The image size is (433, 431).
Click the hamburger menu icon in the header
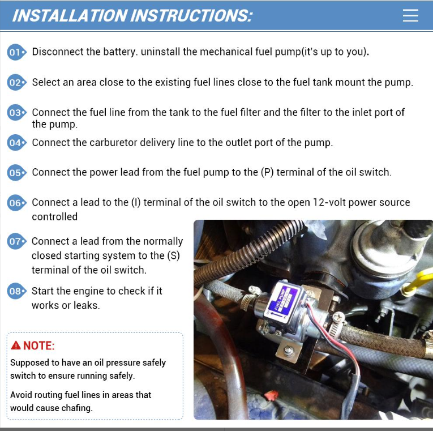(x=410, y=15)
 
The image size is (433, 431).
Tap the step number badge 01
(x=16, y=52)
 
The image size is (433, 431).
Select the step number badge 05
(x=16, y=173)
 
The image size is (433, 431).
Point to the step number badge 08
(x=16, y=291)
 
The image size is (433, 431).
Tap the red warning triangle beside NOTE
(x=16, y=345)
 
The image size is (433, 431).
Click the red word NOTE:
(x=38, y=345)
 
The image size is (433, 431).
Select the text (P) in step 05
(x=267, y=172)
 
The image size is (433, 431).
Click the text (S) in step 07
(x=173, y=256)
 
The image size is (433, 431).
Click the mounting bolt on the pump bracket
(x=288, y=352)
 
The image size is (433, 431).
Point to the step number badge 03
(x=16, y=113)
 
